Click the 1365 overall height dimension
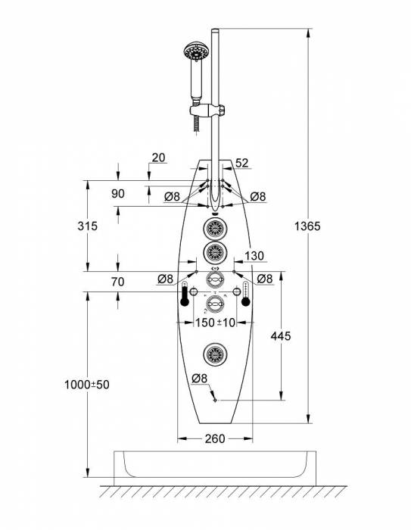coord(307,226)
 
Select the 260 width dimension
coord(215,438)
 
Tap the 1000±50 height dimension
coord(87,385)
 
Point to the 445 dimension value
coord(281,336)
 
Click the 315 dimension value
coord(87,226)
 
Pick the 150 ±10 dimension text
coord(215,323)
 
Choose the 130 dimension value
coord(254,256)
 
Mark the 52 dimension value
coord(242,164)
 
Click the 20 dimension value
coord(158,157)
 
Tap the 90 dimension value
coord(117,194)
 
